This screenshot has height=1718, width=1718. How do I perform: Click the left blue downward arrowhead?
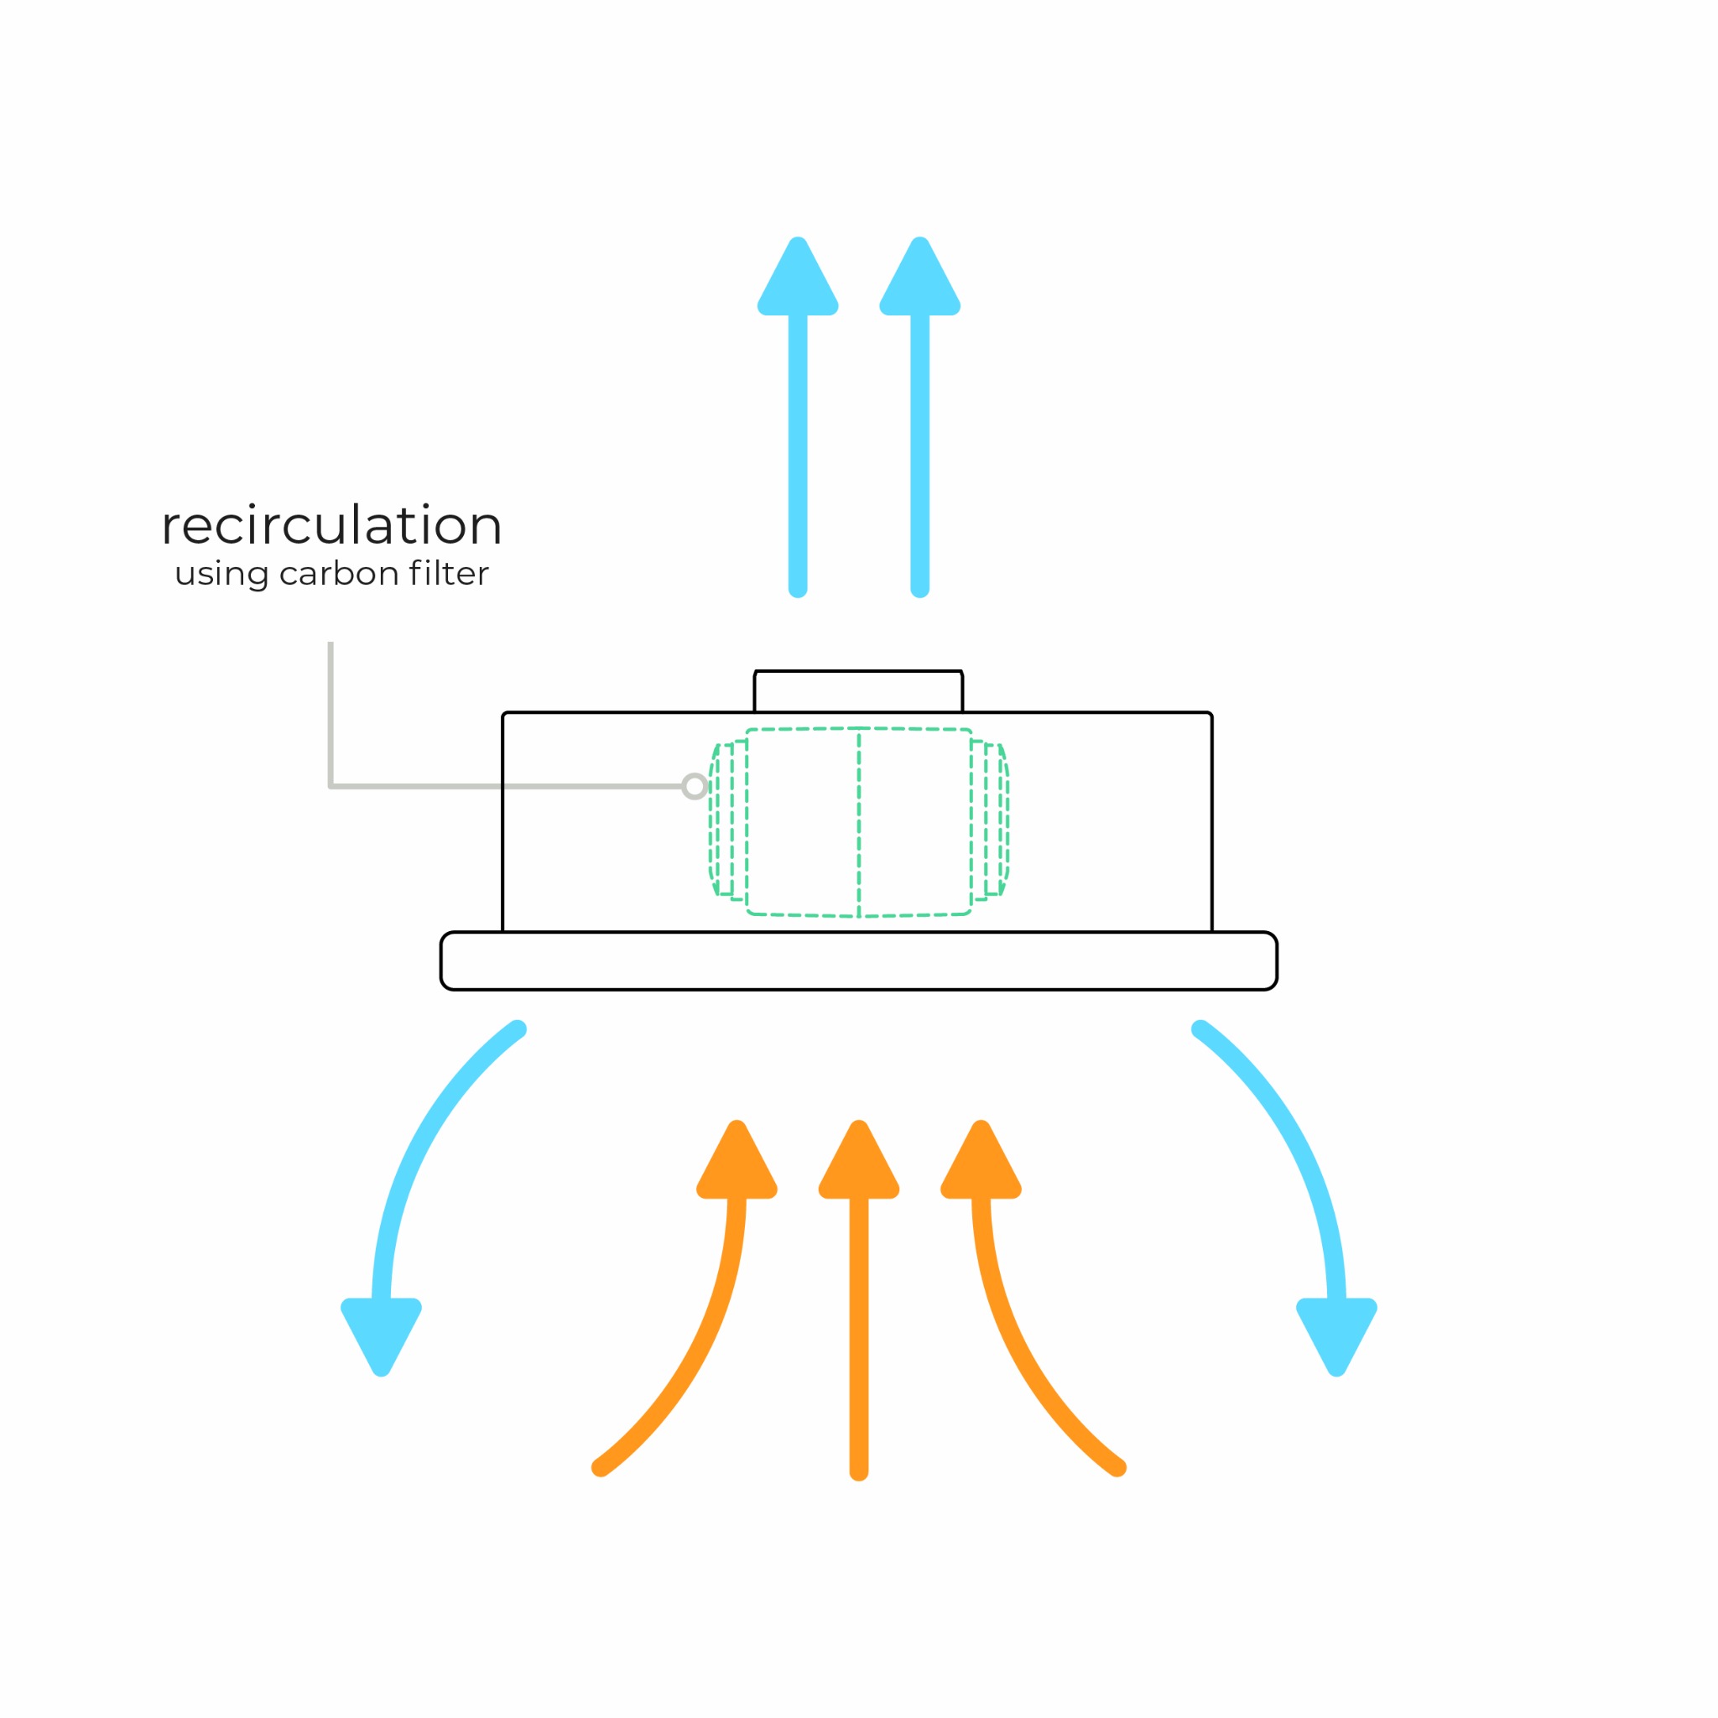(x=382, y=1332)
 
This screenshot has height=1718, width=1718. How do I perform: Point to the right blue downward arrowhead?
(x=1336, y=1332)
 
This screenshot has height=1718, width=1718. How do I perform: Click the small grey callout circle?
(x=695, y=786)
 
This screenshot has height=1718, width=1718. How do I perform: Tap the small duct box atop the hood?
(x=858, y=692)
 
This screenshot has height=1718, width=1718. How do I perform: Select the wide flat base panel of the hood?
(x=859, y=961)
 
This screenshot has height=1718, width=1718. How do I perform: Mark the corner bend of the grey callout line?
(x=331, y=786)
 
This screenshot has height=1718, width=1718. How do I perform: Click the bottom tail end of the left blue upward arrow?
(x=798, y=587)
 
